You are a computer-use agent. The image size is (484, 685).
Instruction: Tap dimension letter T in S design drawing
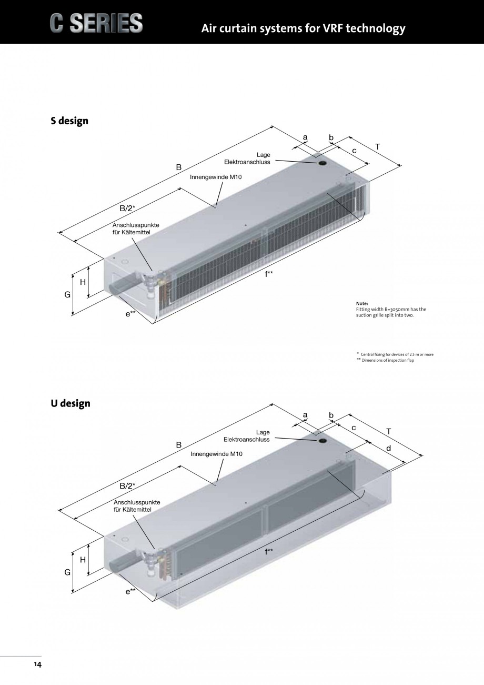tap(378, 147)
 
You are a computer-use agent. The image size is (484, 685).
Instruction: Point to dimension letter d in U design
tap(388, 448)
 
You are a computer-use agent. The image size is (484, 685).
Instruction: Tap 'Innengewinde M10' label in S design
tap(216, 177)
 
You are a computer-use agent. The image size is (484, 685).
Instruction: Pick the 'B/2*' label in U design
tap(127, 485)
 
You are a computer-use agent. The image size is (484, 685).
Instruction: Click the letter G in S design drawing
tap(67, 295)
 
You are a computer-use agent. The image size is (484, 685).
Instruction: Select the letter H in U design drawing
tap(83, 560)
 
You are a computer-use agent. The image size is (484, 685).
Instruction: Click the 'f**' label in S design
tap(269, 273)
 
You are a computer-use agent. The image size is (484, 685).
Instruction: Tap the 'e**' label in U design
tap(130, 591)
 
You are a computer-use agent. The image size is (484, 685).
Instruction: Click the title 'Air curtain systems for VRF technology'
tap(303, 28)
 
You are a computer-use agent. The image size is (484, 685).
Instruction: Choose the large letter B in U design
tap(179, 444)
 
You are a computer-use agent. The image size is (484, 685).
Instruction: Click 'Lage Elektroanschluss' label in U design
tap(247, 435)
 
